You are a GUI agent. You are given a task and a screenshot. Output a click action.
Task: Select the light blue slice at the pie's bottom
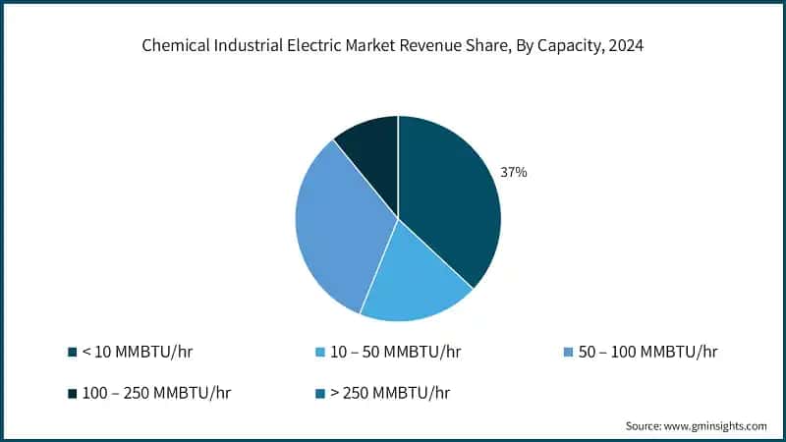413,280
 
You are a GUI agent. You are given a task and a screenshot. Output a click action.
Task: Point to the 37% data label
514,172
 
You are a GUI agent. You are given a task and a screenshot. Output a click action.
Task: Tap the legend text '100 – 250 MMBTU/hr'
157,392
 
